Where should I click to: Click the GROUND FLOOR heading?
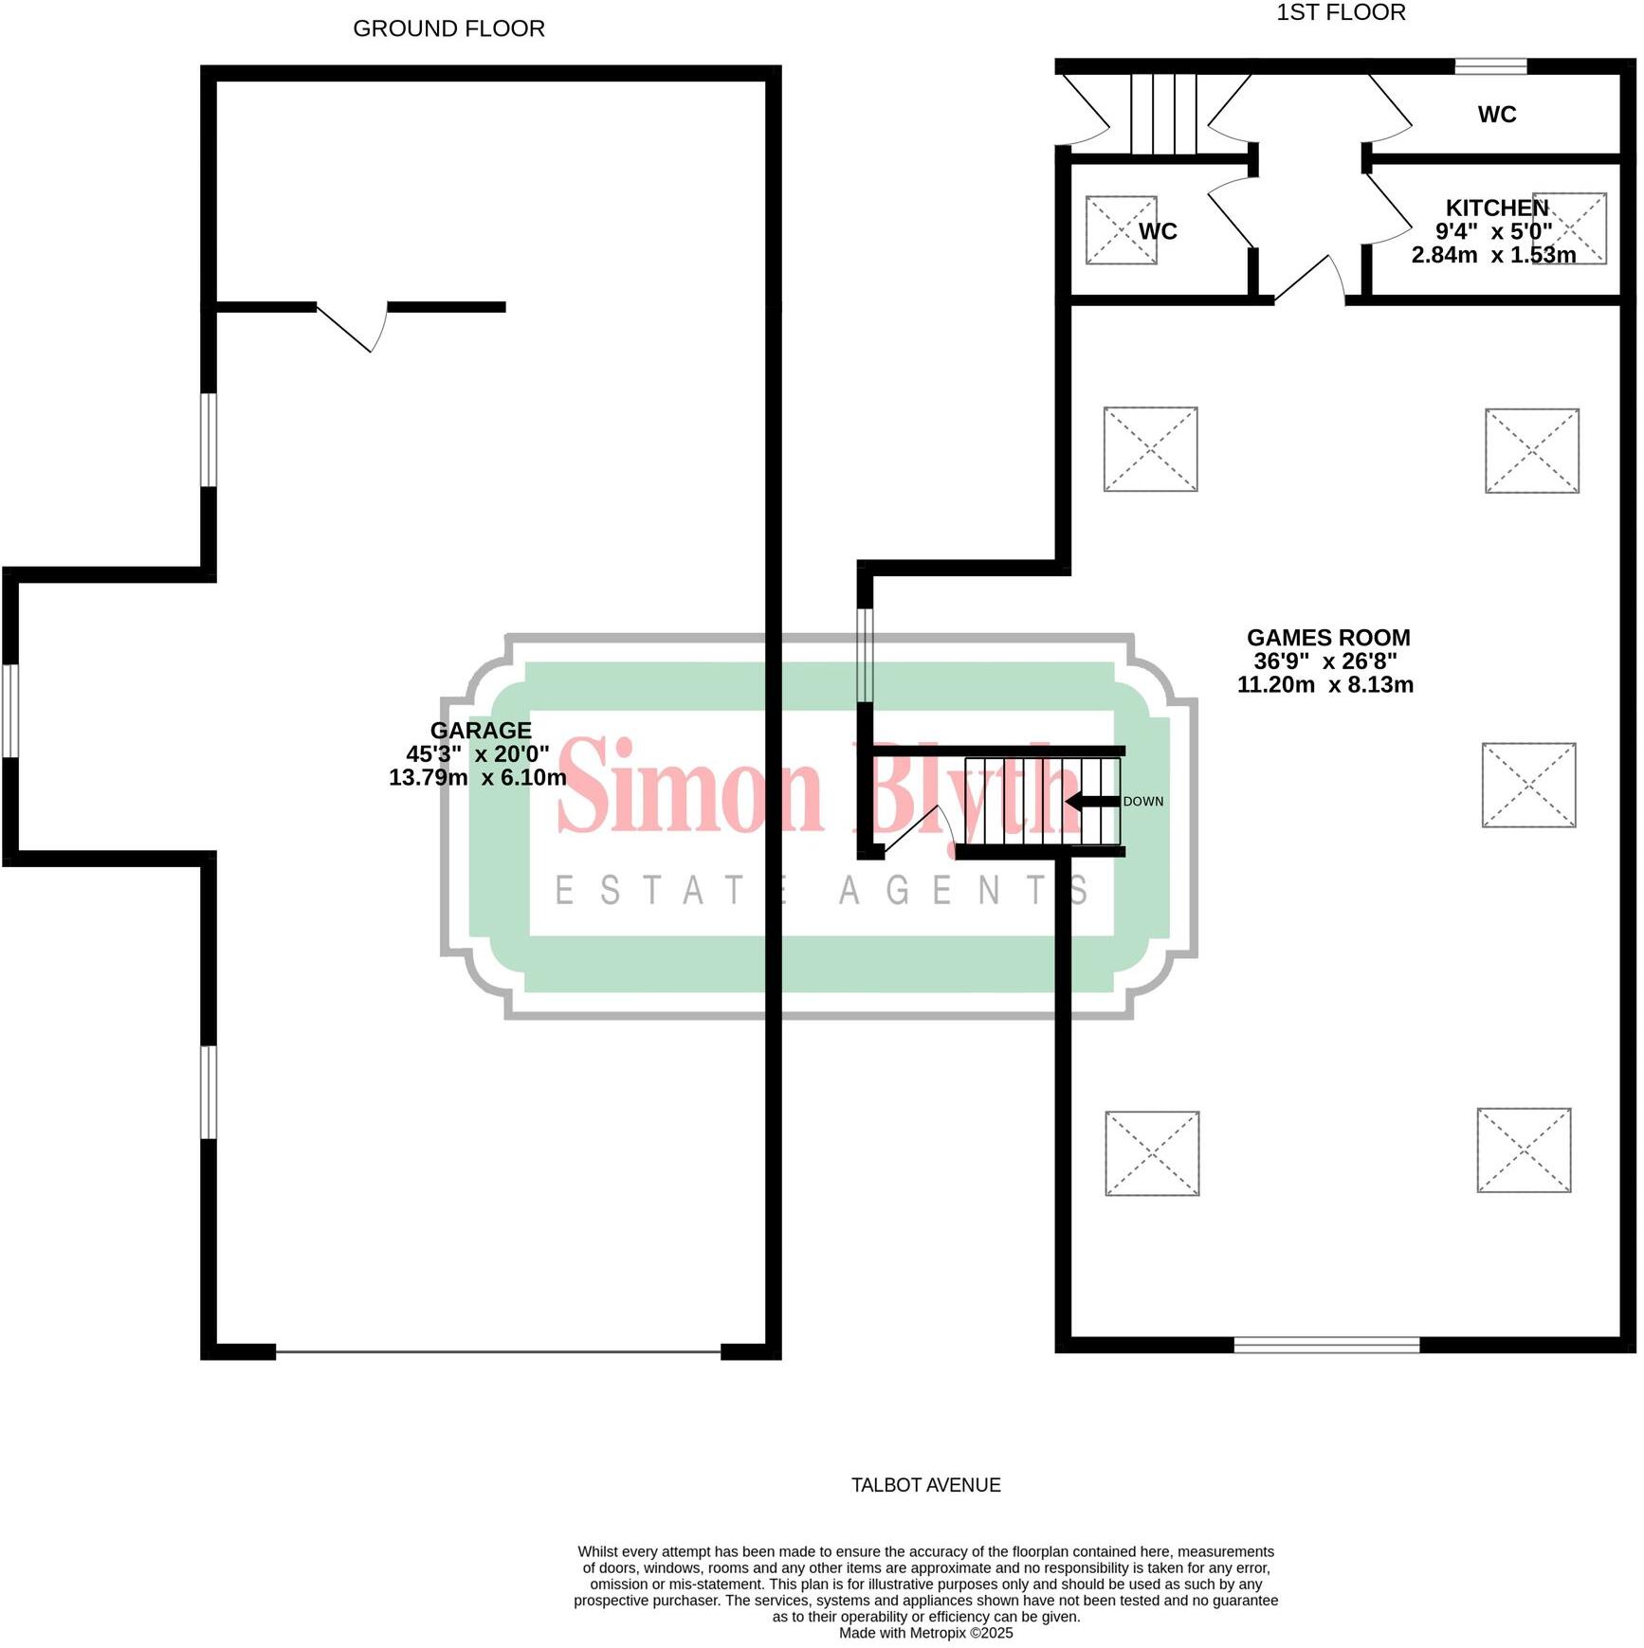click(448, 29)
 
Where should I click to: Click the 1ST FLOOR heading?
click(1341, 13)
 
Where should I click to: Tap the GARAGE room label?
click(481, 731)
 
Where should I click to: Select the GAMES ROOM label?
click(1327, 638)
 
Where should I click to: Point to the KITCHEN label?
click(1496, 208)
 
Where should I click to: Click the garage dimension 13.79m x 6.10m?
click(478, 778)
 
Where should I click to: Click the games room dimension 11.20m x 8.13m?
click(1324, 685)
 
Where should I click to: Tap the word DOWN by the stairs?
click(1142, 802)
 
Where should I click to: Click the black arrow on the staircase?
click(1091, 802)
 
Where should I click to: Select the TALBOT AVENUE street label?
click(925, 1485)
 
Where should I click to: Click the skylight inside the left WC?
click(1120, 230)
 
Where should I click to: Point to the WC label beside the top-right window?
click(1496, 115)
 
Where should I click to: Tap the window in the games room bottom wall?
click(1326, 1345)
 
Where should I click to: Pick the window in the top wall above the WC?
click(1490, 66)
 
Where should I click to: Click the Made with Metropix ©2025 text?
click(925, 1633)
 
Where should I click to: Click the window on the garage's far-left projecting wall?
click(10, 711)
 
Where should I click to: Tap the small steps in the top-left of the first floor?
click(1163, 114)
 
